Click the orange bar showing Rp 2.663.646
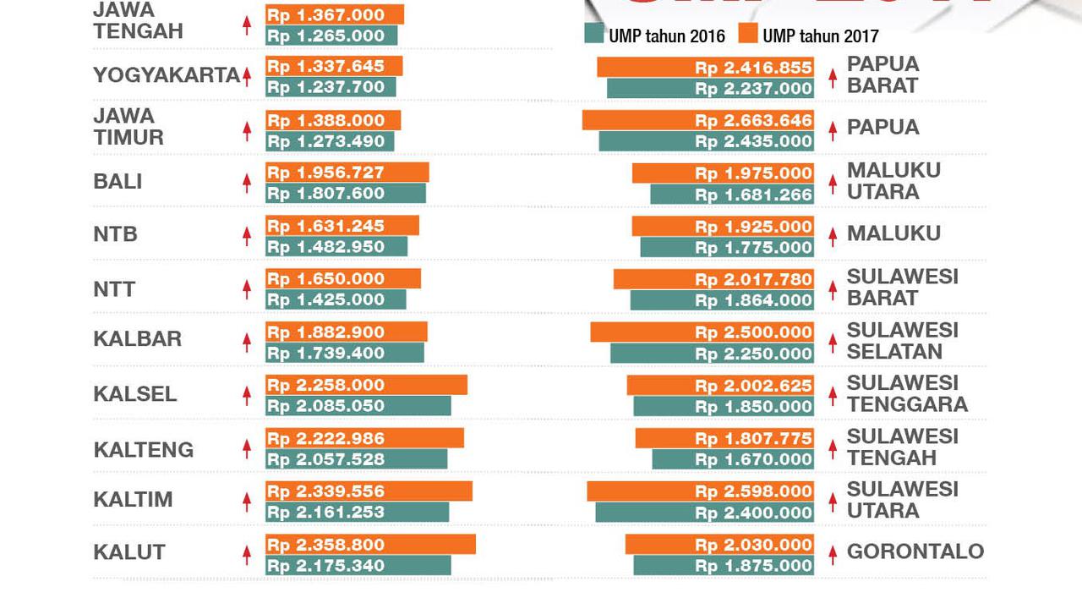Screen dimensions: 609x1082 pyautogui.click(x=698, y=120)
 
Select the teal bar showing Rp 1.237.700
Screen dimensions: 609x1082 pyautogui.click(x=331, y=87)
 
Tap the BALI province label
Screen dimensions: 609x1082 pyautogui.click(x=117, y=182)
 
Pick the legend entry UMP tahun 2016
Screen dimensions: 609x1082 pyautogui.click(x=654, y=36)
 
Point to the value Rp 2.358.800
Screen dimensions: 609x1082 pyautogui.click(x=325, y=545)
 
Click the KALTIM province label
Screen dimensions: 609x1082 pyautogui.click(x=133, y=500)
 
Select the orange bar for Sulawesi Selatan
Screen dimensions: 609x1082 pyautogui.click(x=702, y=332)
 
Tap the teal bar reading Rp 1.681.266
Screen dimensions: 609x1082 pyautogui.click(x=732, y=195)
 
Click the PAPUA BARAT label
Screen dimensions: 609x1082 pyautogui.click(x=883, y=74)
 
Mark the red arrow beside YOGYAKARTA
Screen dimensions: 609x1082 pyautogui.click(x=247, y=77)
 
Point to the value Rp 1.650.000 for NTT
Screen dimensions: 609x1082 pyautogui.click(x=325, y=279)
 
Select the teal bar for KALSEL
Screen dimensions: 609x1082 pyautogui.click(x=358, y=406)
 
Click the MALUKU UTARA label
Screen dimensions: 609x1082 pyautogui.click(x=893, y=181)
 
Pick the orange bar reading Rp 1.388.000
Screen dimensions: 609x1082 pyautogui.click(x=333, y=120)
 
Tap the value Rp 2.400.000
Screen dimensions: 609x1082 pyautogui.click(x=753, y=513)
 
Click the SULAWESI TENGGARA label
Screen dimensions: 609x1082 pyautogui.click(x=906, y=393)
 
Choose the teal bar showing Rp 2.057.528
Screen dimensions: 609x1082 pyautogui.click(x=356, y=459)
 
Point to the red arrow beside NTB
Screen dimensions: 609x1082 pyautogui.click(x=247, y=236)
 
